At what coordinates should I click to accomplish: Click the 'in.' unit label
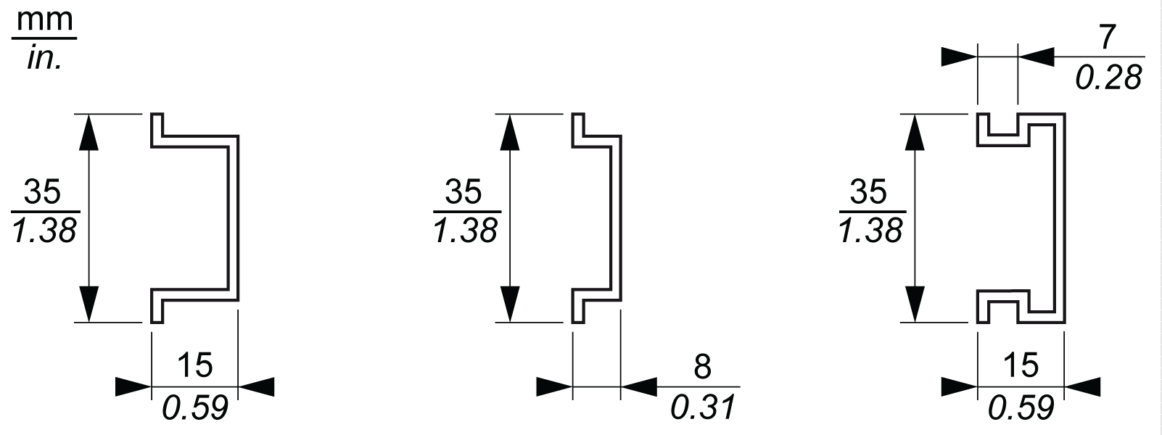[x=44, y=58]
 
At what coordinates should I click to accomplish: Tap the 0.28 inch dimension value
[x=1108, y=77]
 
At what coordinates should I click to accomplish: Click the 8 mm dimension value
[x=702, y=367]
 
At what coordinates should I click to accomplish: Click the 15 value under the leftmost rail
[x=194, y=365]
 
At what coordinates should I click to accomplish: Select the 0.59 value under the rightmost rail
[x=1021, y=408]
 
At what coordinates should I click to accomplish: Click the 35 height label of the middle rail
[x=463, y=192]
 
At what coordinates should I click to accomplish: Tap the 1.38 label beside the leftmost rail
[x=44, y=231]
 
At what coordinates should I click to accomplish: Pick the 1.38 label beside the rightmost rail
[x=870, y=231]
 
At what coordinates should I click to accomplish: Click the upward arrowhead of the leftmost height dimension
[x=88, y=130]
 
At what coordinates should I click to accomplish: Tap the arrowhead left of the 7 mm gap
[x=960, y=57]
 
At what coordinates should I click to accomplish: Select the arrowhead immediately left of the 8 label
[x=639, y=386]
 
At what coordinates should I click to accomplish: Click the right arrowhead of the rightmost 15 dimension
[x=1082, y=386]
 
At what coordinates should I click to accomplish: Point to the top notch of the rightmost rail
[x=1005, y=128]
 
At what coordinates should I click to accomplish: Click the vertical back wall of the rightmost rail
[x=1059, y=217]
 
